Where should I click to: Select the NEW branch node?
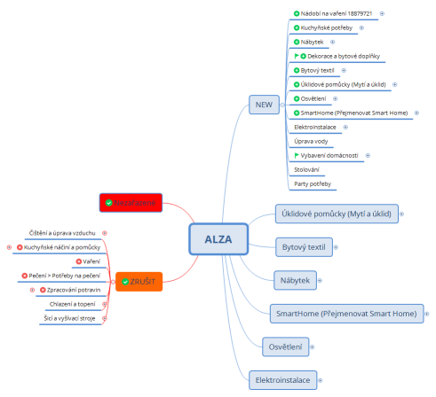(263, 105)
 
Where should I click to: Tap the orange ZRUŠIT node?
(139, 281)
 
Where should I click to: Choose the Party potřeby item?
(312, 183)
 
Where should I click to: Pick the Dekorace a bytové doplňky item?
(344, 57)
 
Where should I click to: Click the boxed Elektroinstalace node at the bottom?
(283, 379)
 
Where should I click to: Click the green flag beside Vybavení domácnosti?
(297, 155)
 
